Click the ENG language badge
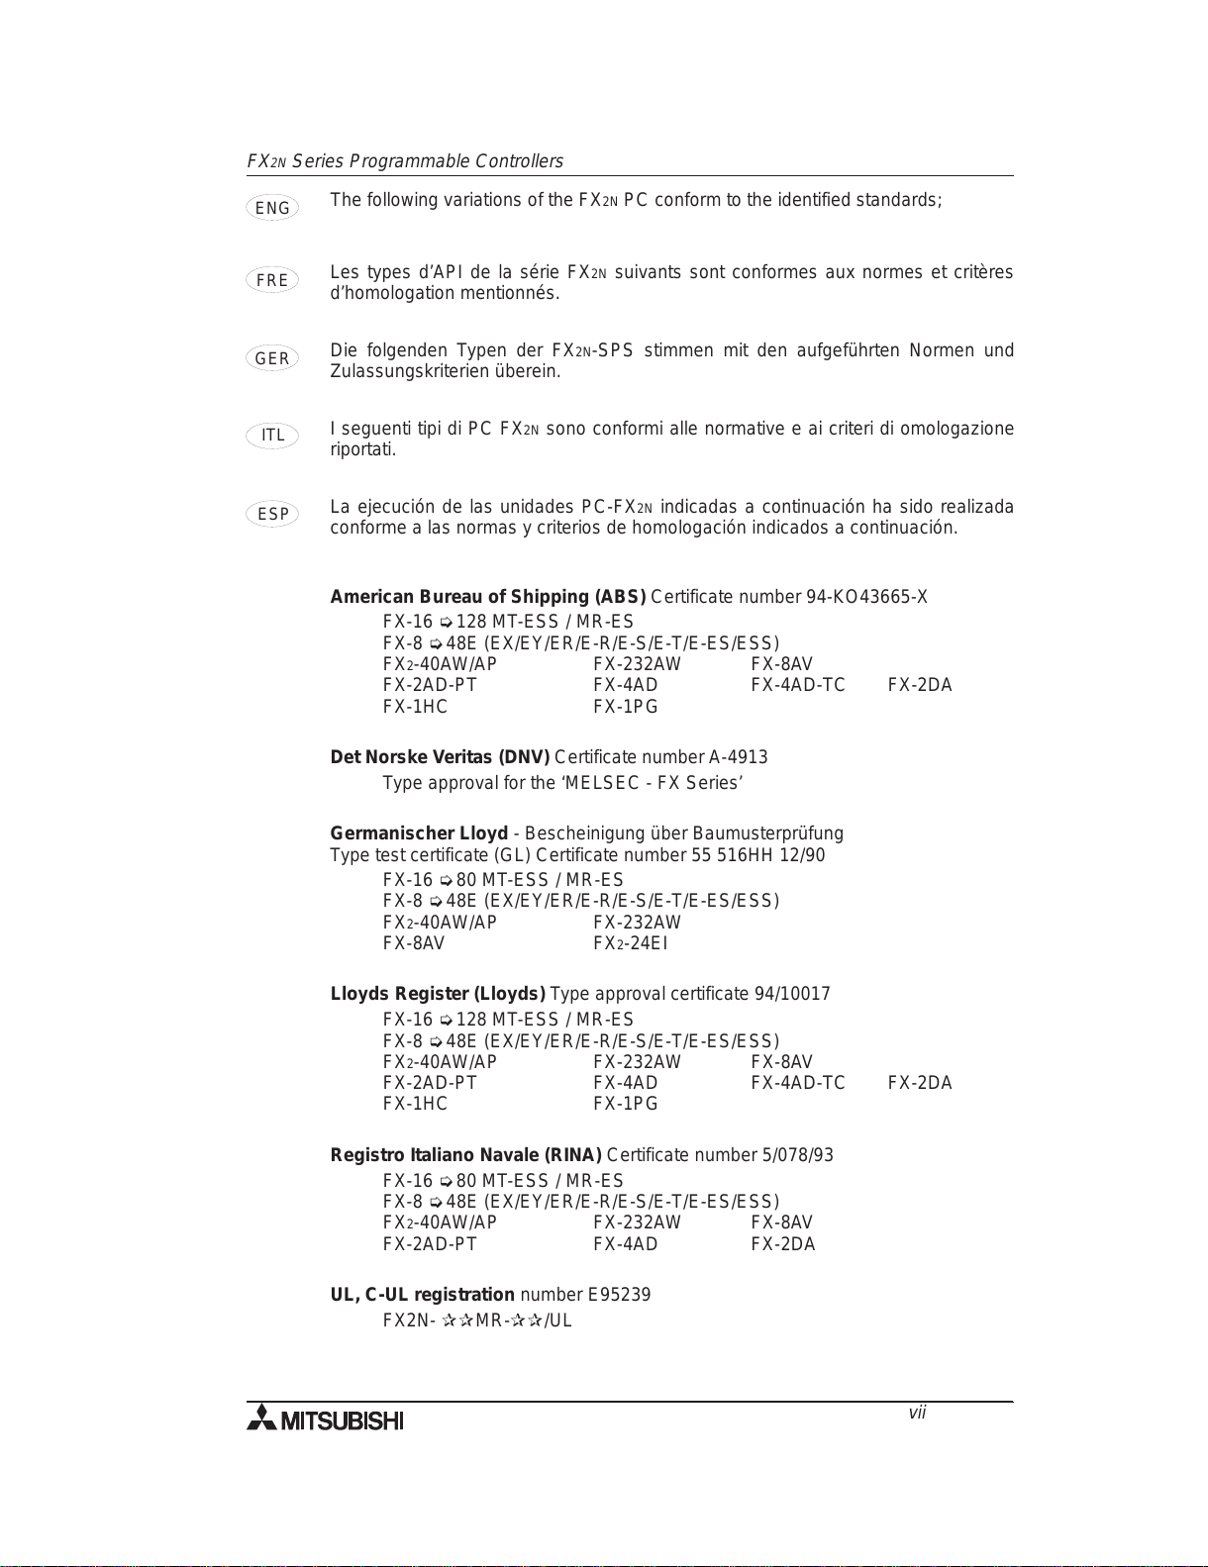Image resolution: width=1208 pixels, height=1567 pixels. coord(272,208)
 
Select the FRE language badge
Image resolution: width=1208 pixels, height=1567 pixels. coord(272,280)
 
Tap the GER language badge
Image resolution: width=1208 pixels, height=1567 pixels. coord(272,358)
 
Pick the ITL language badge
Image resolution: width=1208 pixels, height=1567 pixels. coord(272,436)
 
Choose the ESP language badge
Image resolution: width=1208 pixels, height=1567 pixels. coord(272,514)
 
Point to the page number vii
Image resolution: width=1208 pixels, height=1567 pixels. coord(917,1414)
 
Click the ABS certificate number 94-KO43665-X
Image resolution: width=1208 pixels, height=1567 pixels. coord(866,597)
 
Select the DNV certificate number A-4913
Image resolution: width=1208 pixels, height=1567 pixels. coord(738,757)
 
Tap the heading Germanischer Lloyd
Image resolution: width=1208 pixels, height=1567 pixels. coord(419,833)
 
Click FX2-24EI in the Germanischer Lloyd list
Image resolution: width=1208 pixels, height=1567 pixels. coord(630,943)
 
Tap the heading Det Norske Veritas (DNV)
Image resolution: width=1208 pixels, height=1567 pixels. coord(440,757)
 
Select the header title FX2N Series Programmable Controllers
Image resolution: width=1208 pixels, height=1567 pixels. coord(405,161)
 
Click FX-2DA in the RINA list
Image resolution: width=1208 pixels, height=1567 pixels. coord(782,1244)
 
